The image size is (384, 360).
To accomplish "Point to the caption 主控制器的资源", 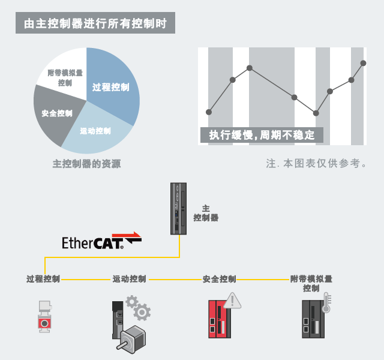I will [x=86, y=164].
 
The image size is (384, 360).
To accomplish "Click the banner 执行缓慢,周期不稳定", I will [x=262, y=135].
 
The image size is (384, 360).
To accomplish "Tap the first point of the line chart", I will [x=209, y=112].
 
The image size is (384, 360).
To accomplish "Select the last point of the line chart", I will [x=363, y=62].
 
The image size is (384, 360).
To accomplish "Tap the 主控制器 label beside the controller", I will [x=206, y=213].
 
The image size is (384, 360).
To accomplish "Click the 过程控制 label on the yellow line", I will [x=43, y=279].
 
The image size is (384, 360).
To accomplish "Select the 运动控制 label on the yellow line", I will [x=130, y=279].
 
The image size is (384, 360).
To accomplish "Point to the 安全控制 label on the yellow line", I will [x=220, y=279].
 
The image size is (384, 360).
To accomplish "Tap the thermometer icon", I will [x=326, y=303].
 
